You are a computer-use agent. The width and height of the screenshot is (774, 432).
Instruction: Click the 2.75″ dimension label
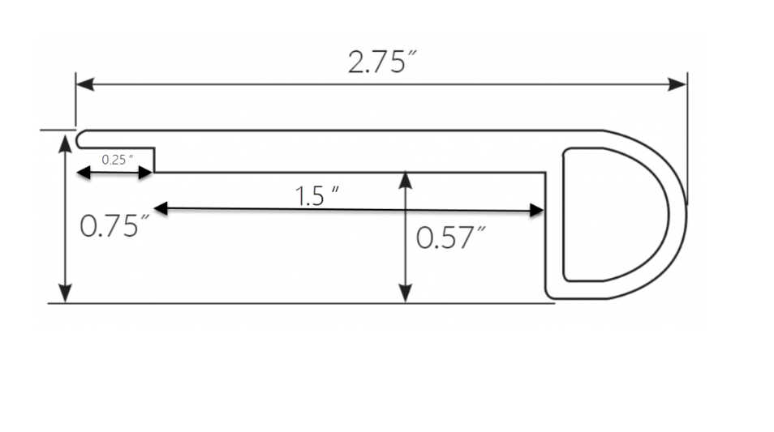tap(383, 62)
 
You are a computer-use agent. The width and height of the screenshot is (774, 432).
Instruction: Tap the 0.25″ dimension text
tap(118, 160)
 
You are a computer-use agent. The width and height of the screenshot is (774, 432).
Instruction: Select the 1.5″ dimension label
tap(317, 196)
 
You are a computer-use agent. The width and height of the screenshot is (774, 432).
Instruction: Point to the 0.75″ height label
tap(114, 226)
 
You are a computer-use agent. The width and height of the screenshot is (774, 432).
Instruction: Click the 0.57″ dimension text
tap(450, 237)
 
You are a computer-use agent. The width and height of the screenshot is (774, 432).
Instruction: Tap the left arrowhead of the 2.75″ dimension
tap(85, 84)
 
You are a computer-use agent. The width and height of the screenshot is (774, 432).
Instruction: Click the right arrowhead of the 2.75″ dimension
tap(677, 84)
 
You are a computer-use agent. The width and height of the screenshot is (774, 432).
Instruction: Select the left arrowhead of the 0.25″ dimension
tap(84, 173)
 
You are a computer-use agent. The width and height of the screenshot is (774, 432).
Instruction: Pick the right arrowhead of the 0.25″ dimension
tap(146, 173)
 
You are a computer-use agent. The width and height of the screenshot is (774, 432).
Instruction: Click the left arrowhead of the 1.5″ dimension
tap(161, 208)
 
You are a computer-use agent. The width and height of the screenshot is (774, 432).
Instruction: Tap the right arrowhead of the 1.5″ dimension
tap(536, 211)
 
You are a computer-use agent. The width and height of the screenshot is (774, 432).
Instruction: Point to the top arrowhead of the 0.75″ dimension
tap(65, 143)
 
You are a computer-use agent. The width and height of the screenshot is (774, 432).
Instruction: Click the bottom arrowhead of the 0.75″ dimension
tap(65, 293)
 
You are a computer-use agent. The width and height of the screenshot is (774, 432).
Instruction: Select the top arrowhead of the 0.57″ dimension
tap(406, 181)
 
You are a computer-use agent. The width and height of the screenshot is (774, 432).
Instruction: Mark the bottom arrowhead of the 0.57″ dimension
tap(406, 293)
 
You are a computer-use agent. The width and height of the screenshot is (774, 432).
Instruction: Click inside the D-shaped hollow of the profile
tap(612, 215)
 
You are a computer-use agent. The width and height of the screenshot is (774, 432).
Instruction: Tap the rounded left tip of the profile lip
tap(77, 139)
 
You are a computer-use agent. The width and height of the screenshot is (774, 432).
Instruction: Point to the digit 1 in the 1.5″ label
tap(299, 196)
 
